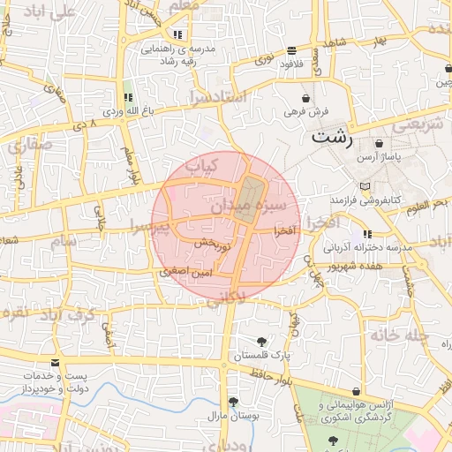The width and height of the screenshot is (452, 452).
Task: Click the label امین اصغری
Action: click(184, 273)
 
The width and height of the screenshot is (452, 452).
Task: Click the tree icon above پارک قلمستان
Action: click(261, 342)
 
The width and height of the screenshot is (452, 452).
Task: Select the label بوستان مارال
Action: click(231, 415)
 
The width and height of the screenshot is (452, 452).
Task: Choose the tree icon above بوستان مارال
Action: click(232, 402)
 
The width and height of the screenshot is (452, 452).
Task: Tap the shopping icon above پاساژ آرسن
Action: click(379, 143)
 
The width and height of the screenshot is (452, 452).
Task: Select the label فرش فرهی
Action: click(306, 112)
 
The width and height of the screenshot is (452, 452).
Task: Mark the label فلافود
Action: click(291, 64)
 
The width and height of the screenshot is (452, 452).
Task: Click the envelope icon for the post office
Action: click(56, 363)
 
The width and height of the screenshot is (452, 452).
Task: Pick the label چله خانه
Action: click(399, 335)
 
